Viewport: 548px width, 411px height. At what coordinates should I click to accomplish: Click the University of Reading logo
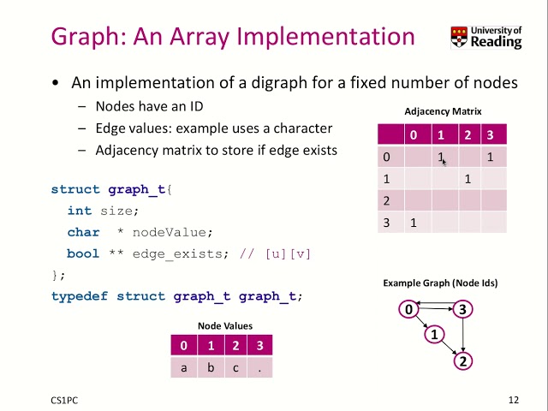coord(485,38)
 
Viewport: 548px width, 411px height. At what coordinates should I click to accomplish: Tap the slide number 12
coord(514,399)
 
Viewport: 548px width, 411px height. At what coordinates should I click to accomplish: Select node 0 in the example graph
coord(409,309)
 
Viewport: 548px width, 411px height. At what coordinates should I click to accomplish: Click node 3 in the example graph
coord(462,309)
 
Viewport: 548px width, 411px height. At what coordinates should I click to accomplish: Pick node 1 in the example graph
coord(435,334)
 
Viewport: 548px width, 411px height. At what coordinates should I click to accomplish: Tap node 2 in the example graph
coord(462,360)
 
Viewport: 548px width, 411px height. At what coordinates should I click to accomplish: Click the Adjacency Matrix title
coord(443,111)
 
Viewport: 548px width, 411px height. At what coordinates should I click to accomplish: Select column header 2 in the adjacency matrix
coord(468,134)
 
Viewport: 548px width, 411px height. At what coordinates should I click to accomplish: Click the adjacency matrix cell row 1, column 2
coord(468,179)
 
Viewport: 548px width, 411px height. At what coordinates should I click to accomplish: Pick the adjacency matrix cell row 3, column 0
coord(414,223)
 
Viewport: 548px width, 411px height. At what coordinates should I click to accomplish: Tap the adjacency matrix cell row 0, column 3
coord(491,157)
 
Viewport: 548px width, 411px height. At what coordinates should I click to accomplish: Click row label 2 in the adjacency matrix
coord(387,201)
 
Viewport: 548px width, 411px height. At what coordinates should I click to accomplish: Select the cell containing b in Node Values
coord(210,367)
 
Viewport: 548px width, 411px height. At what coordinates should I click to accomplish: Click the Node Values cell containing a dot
coord(259,367)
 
